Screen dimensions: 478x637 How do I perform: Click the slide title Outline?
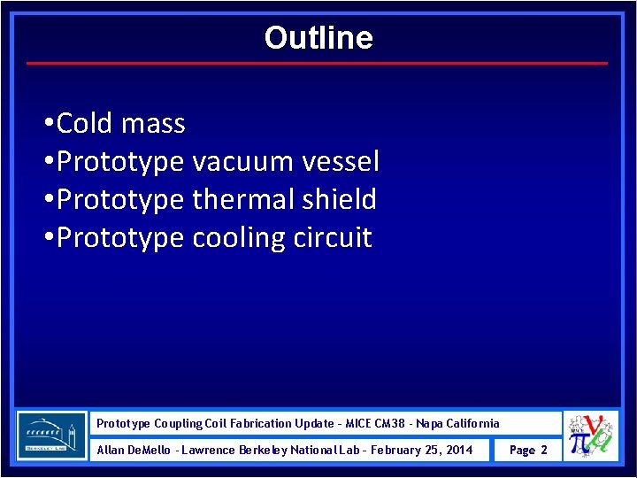[x=318, y=38]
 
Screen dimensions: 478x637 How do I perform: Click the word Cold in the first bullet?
[x=85, y=123]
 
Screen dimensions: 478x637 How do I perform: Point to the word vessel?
[x=341, y=161]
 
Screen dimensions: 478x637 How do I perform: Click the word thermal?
[x=243, y=199]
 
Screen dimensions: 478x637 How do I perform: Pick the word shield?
[x=339, y=199]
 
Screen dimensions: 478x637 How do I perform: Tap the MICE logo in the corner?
[x=590, y=436]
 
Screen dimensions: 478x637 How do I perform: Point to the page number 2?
[x=544, y=450]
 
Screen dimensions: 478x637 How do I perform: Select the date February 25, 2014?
[x=422, y=450]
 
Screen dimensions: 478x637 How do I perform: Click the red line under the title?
[x=318, y=64]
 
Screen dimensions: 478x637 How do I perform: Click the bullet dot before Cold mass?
[x=47, y=124]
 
